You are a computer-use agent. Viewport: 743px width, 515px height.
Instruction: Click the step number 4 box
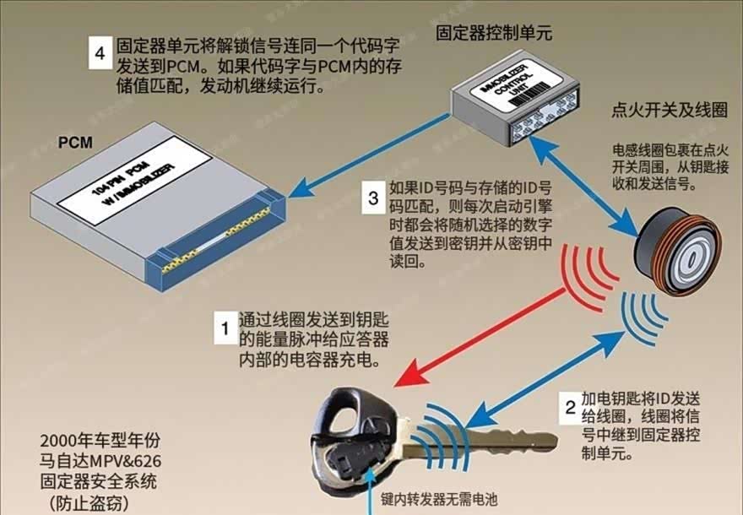point(101,53)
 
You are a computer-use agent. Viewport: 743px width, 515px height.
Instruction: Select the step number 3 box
point(374,200)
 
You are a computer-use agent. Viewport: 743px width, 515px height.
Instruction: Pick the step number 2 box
point(571,409)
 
